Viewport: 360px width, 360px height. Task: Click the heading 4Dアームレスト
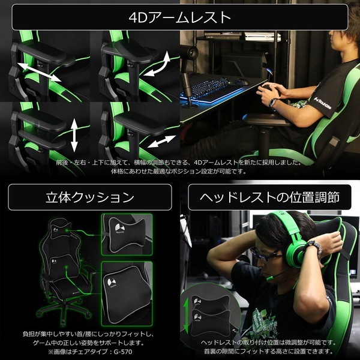click(x=180, y=17)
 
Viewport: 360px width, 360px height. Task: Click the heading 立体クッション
click(x=90, y=197)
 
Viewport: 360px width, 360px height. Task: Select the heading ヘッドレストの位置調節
click(x=269, y=197)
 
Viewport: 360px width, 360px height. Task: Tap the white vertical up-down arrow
click(x=74, y=135)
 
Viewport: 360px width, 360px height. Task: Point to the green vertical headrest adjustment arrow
click(x=186, y=315)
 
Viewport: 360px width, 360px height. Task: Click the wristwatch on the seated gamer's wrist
click(x=273, y=103)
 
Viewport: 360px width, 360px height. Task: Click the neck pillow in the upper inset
click(x=127, y=234)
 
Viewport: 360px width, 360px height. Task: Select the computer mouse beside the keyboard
click(x=242, y=82)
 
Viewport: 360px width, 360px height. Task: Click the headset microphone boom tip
click(x=269, y=278)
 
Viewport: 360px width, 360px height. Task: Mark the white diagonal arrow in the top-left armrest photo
click(x=39, y=72)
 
